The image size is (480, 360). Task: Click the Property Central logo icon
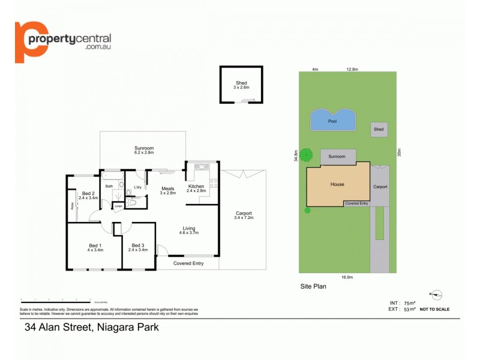[31, 41]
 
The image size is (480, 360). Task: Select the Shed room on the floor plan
[241, 85]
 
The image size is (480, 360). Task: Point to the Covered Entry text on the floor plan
[188, 263]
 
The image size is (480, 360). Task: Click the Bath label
[109, 187]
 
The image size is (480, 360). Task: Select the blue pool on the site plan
[332, 120]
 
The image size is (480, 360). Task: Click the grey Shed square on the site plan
[379, 129]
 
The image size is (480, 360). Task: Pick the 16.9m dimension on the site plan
[347, 277]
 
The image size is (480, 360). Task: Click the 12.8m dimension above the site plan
[352, 70]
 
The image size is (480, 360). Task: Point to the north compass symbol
[436, 295]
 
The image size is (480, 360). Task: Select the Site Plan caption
[313, 287]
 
